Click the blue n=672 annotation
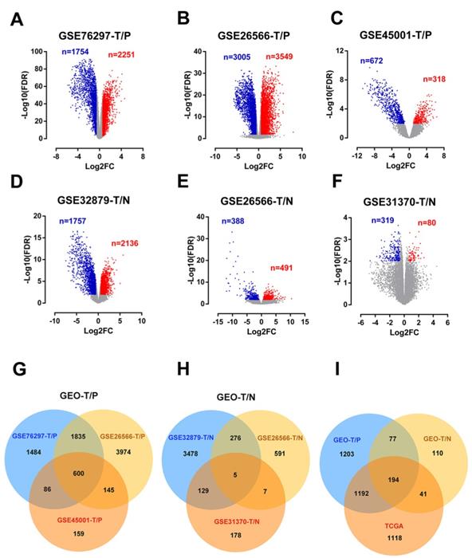tap(377, 61)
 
